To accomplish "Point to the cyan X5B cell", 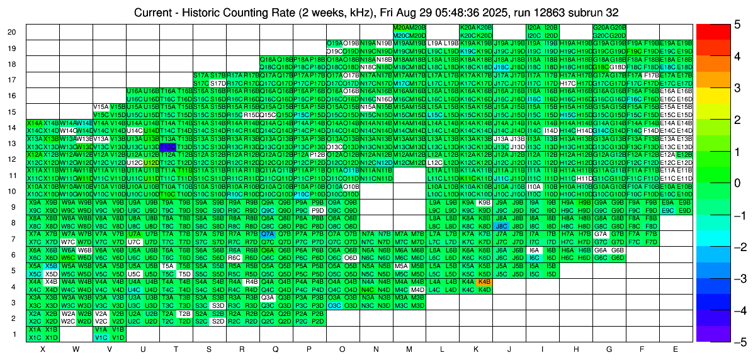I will coord(51,266).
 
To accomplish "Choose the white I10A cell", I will coord(534,187).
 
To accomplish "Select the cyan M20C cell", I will coord(401,35).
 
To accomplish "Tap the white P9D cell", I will coord(317,210).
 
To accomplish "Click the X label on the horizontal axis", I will coord(43,349).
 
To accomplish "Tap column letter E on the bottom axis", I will coord(676,349).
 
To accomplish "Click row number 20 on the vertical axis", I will coord(12,32).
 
